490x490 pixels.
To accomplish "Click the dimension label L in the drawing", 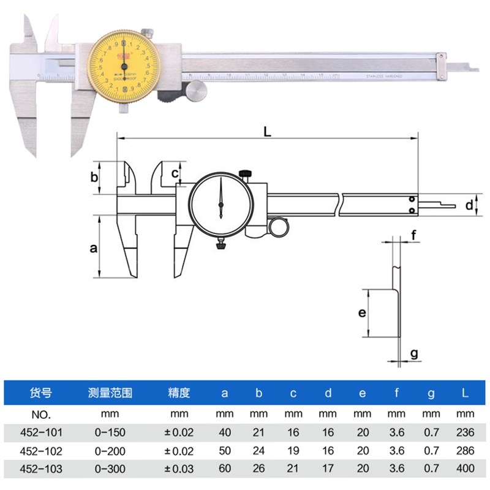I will click(x=267, y=131).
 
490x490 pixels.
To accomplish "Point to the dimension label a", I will click(x=93, y=248).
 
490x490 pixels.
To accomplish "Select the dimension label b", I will click(x=94, y=178).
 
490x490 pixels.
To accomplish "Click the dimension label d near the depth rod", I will click(x=469, y=205).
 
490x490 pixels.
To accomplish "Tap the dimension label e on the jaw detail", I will click(x=362, y=313).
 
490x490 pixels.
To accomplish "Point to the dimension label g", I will click(x=414, y=353).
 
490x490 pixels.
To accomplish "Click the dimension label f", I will click(x=414, y=235).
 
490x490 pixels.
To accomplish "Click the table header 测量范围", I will click(x=110, y=393).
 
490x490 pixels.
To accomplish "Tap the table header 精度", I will click(x=179, y=393).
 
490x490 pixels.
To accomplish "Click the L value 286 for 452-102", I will click(x=466, y=451).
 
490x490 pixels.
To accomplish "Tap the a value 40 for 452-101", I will click(x=224, y=432).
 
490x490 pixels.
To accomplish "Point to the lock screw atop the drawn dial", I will click(x=246, y=174).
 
